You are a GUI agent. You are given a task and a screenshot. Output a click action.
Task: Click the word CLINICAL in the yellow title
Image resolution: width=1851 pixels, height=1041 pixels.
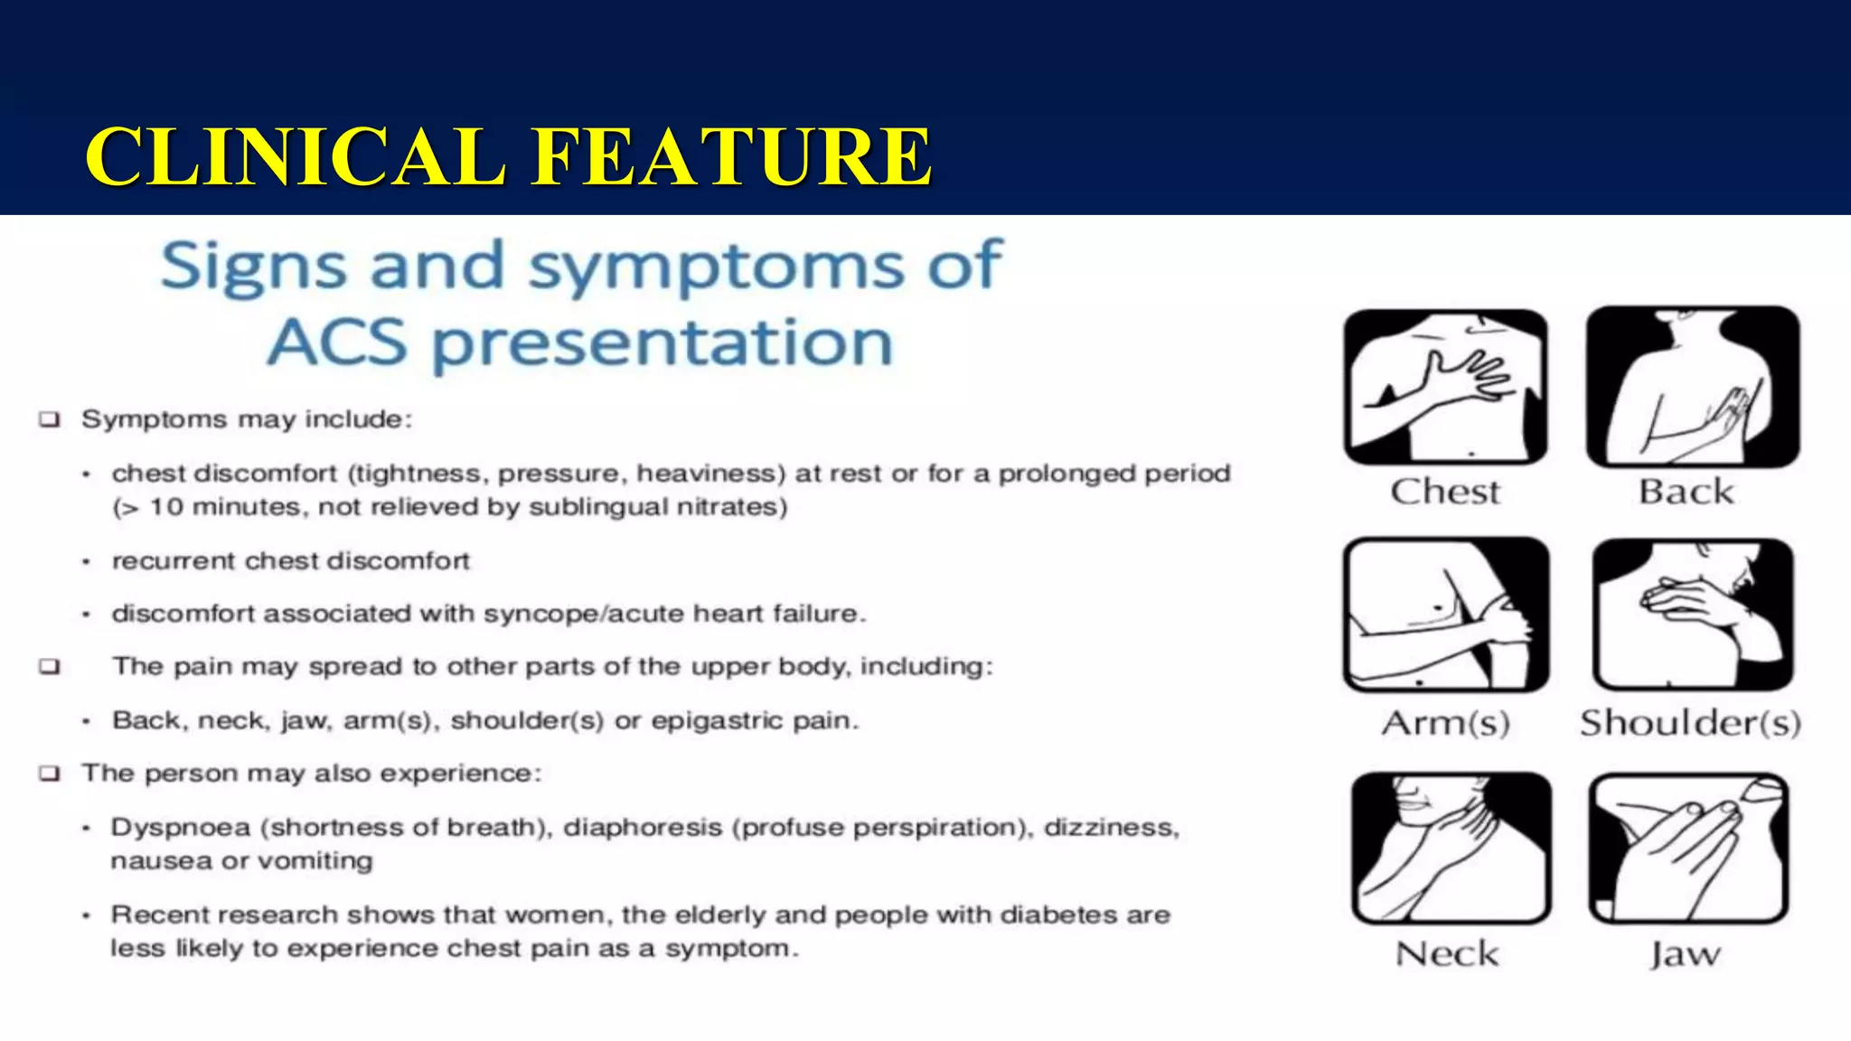tap(294, 157)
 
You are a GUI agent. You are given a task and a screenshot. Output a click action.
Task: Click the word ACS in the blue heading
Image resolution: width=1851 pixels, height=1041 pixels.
tap(337, 343)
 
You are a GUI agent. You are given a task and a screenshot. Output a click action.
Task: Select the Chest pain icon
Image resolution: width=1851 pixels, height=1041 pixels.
tap(1445, 387)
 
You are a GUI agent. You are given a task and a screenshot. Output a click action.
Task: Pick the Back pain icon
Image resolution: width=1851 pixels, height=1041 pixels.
tap(1692, 387)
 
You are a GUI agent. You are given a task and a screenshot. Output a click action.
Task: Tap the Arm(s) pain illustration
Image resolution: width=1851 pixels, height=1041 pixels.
tap(1445, 615)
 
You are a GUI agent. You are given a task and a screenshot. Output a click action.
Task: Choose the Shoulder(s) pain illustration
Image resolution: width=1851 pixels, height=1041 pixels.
tap(1692, 615)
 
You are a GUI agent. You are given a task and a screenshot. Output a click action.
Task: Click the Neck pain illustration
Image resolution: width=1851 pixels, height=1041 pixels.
tap(1451, 848)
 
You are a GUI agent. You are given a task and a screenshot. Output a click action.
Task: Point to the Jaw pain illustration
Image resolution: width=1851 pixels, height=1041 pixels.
tap(1688, 848)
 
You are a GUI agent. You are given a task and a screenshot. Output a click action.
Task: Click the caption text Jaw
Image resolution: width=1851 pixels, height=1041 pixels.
tap(1686, 954)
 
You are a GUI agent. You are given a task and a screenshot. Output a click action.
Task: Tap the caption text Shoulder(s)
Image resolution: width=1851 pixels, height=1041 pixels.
tap(1690, 723)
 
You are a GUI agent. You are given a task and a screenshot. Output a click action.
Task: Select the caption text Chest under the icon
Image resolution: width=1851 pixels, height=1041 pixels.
tap(1445, 492)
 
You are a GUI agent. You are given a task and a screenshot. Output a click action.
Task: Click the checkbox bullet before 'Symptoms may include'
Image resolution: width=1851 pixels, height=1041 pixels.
tap(50, 420)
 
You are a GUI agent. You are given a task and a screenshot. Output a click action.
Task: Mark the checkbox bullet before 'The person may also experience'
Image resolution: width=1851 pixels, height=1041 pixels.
tap(50, 774)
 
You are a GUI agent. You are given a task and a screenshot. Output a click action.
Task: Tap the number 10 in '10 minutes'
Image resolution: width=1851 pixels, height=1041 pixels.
tap(166, 507)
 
